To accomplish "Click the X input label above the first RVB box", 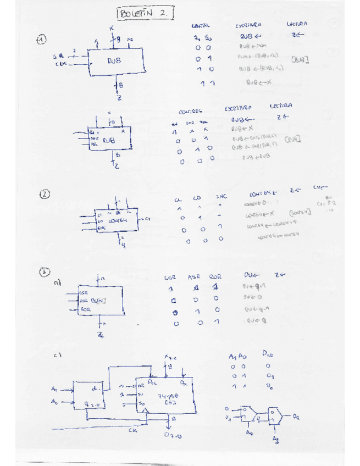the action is point(112,27).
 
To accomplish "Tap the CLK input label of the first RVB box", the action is point(61,64).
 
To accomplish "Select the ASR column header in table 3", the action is point(194,276).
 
